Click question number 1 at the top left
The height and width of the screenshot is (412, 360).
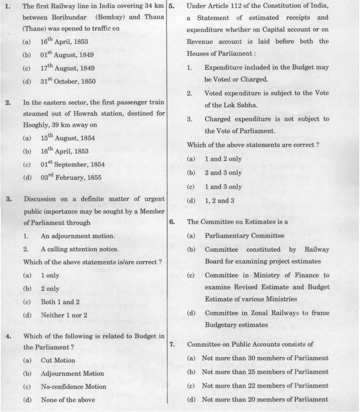point(7,6)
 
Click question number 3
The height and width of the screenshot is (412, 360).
point(8,199)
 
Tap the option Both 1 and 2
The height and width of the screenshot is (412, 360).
point(60,302)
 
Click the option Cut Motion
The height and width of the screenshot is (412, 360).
point(58,360)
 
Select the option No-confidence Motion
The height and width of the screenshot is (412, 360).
point(73,386)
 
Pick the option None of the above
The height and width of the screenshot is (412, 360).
point(68,399)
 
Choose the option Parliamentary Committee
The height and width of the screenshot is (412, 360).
point(244,236)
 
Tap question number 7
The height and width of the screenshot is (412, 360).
point(172,344)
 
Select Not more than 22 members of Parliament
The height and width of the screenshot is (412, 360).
point(265,386)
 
